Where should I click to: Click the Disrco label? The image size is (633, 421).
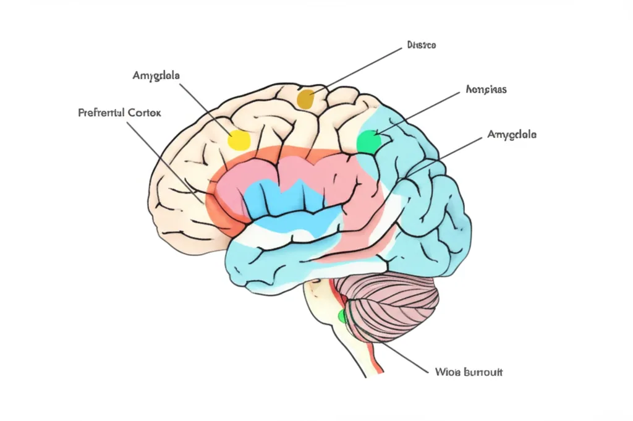422,45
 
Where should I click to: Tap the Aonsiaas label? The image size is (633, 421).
485,89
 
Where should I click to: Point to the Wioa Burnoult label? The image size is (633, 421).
469,372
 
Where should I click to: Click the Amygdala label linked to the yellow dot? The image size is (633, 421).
156,75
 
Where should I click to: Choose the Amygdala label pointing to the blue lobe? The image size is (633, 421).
512,134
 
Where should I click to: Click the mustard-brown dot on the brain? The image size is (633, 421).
306,98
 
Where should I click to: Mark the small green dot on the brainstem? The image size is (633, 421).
342,317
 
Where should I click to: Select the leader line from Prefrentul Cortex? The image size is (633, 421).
167,161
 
